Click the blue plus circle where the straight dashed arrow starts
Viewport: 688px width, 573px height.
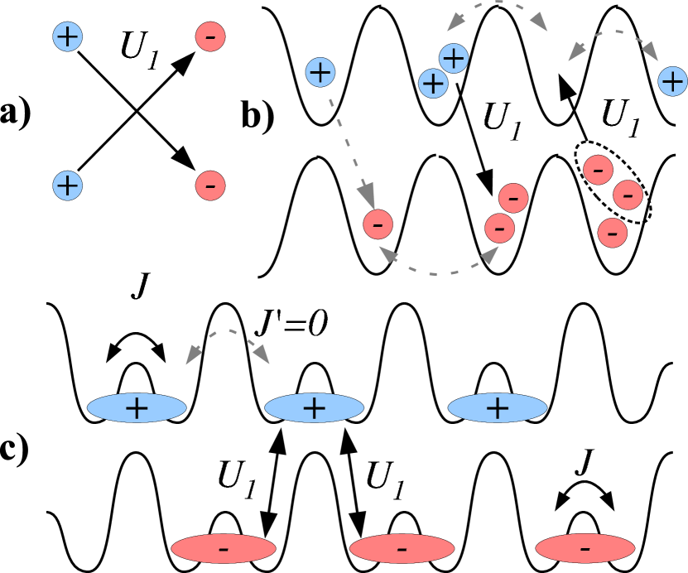tap(320, 72)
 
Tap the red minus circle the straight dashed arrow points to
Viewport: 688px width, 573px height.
tap(378, 224)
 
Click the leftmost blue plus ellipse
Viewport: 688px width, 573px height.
tap(137, 407)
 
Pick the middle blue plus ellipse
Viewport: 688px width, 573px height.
tap(314, 407)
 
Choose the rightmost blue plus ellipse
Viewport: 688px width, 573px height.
tap(497, 407)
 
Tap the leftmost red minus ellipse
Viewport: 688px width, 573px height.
tap(224, 548)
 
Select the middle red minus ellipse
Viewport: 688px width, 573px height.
tap(402, 548)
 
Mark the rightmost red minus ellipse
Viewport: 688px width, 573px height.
tap(585, 548)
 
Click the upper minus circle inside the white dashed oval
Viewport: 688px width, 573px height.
tap(598, 170)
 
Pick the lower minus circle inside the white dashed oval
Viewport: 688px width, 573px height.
tap(628, 195)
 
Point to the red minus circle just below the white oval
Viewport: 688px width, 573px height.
tap(612, 233)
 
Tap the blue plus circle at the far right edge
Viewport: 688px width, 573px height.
tap(672, 81)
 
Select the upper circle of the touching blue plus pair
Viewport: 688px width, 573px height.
tap(453, 58)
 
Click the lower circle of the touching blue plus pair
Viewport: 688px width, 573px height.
tap(433, 83)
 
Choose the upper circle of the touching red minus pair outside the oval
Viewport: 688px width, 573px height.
tap(513, 198)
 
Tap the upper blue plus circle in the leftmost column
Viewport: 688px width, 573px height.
tap(67, 36)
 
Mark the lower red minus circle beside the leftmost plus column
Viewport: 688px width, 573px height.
tap(210, 185)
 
